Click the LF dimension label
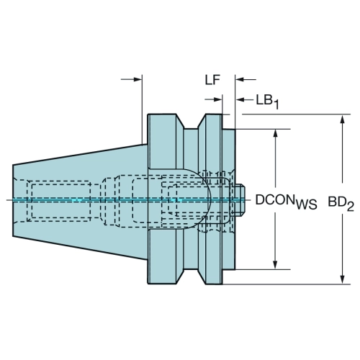click(x=212, y=80)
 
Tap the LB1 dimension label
click(x=267, y=102)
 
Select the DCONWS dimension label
click(x=286, y=202)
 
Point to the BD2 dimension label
click(x=341, y=204)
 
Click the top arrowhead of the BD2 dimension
click(x=343, y=119)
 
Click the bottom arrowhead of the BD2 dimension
click(x=343, y=280)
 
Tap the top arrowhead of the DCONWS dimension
click(x=276, y=133)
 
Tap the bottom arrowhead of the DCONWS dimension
click(x=276, y=265)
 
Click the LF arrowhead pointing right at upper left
click(x=138, y=79)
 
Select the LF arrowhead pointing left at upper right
click(x=240, y=79)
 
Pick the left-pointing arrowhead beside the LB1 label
click(x=240, y=99)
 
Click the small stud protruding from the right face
click(x=240, y=199)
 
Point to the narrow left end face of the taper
click(x=13, y=201)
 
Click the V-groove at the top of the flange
click(x=191, y=122)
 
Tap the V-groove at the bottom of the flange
click(x=191, y=276)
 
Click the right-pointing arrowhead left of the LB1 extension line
click(x=217, y=99)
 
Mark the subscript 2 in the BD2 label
click(x=351, y=207)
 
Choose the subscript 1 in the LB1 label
click(x=276, y=104)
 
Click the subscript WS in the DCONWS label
click(x=307, y=205)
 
